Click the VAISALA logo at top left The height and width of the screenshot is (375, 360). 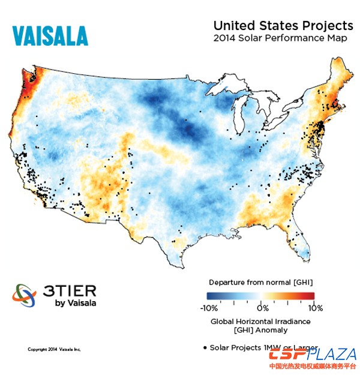[x=50, y=35]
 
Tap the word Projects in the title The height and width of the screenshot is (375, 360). [x=329, y=26]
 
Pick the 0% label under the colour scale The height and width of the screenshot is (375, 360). [x=262, y=308]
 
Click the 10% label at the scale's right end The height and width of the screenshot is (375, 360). [x=316, y=308]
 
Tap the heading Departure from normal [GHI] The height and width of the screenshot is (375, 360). [x=261, y=282]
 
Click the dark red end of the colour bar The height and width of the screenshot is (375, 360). [x=311, y=295]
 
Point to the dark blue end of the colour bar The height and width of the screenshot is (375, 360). [x=211, y=295]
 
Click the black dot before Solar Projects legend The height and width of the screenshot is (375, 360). [x=205, y=347]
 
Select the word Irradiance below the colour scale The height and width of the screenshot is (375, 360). [x=291, y=322]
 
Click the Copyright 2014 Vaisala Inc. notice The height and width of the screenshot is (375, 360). [x=54, y=349]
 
